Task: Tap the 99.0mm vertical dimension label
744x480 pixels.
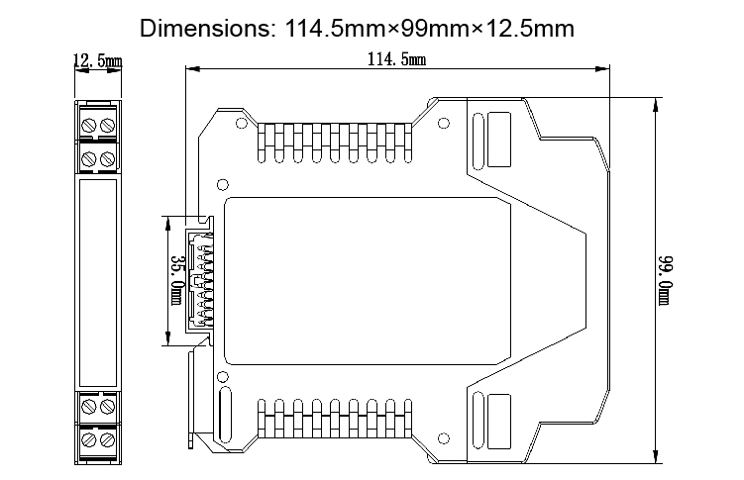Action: click(667, 280)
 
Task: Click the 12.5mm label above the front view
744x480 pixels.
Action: click(98, 62)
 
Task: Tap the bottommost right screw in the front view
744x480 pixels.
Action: click(106, 436)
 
